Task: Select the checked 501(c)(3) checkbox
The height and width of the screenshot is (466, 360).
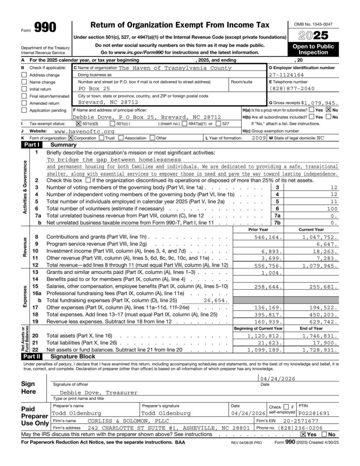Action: (78, 123)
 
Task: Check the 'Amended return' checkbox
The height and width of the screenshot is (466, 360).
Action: (24, 103)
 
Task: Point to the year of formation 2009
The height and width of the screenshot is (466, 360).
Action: (259, 137)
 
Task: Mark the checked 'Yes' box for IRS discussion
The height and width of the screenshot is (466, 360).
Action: (303, 435)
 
